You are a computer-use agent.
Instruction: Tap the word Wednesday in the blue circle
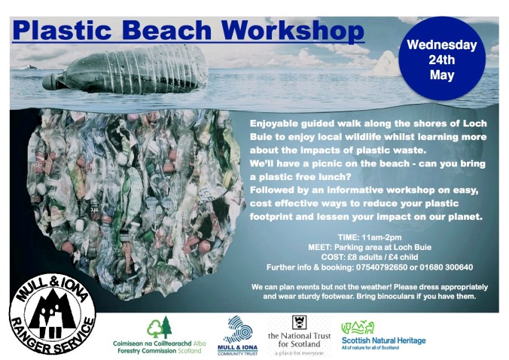click(442, 44)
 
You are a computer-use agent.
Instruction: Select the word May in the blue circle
click(442, 75)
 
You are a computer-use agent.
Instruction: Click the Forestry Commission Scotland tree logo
click(160, 327)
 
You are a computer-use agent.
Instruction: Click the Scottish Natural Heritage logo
click(383, 331)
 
